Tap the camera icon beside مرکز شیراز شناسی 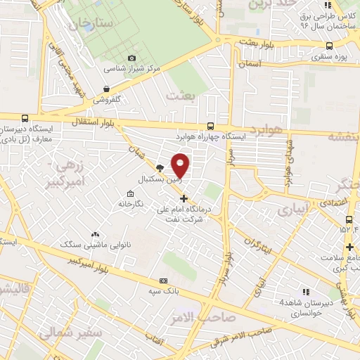(131, 58)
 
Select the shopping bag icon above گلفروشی (105, 89)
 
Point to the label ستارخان (91, 26)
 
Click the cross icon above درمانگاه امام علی (184, 198)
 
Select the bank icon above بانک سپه (163, 280)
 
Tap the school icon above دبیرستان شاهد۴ (305, 291)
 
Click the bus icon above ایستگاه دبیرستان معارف (26, 119)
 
